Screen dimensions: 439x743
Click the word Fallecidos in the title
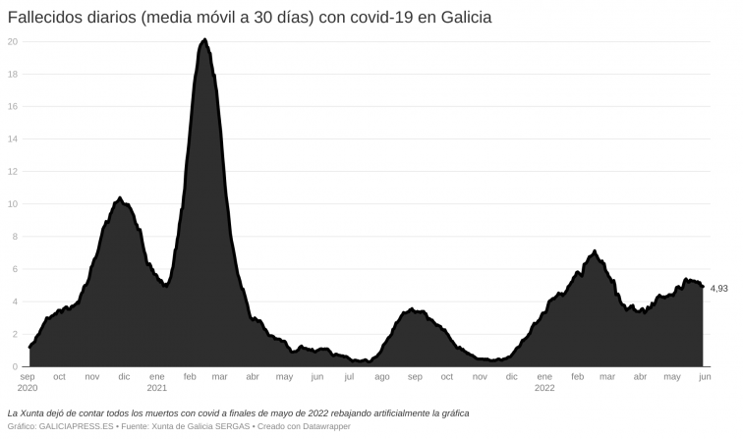click(45, 19)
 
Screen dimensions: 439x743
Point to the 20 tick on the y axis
click(12, 41)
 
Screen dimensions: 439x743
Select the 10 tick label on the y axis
click(12, 204)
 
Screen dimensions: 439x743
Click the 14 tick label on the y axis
click(12, 138)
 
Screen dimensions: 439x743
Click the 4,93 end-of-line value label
click(718, 288)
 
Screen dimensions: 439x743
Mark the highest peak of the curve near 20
click(203, 40)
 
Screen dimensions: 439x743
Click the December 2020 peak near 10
click(120, 198)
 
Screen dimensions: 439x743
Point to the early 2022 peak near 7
click(595, 251)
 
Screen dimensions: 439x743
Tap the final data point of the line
click(703, 287)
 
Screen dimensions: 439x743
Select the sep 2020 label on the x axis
click(29, 382)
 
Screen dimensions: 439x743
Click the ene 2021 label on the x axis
click(156, 382)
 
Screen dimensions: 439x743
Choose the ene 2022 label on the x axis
click(544, 382)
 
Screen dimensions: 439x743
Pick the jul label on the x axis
click(349, 376)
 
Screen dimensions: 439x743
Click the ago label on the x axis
click(382, 376)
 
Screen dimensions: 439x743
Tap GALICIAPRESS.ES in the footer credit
click(74, 426)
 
